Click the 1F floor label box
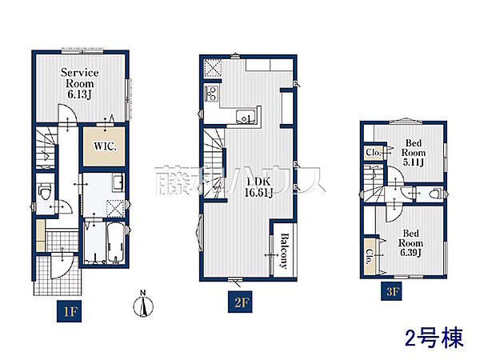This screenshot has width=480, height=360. click(x=69, y=311)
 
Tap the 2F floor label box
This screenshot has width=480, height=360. click(x=240, y=302)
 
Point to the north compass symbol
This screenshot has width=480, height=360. click(x=143, y=304)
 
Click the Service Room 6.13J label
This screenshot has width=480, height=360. click(x=79, y=83)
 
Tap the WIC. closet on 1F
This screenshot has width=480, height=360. click(x=104, y=146)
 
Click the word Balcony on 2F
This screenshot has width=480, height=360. click(x=284, y=251)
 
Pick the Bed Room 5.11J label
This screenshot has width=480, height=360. click(x=414, y=153)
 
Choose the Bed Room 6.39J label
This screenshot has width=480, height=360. click(x=410, y=243)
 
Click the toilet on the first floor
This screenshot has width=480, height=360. click(x=45, y=191)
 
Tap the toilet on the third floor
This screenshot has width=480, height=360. click(x=434, y=194)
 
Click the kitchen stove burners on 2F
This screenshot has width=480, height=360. click(x=211, y=93)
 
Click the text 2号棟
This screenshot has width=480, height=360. click(x=434, y=338)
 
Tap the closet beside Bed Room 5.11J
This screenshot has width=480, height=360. click(x=373, y=152)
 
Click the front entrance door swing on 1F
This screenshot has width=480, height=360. click(x=62, y=266)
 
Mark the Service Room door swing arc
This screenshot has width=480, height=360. click(x=66, y=113)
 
